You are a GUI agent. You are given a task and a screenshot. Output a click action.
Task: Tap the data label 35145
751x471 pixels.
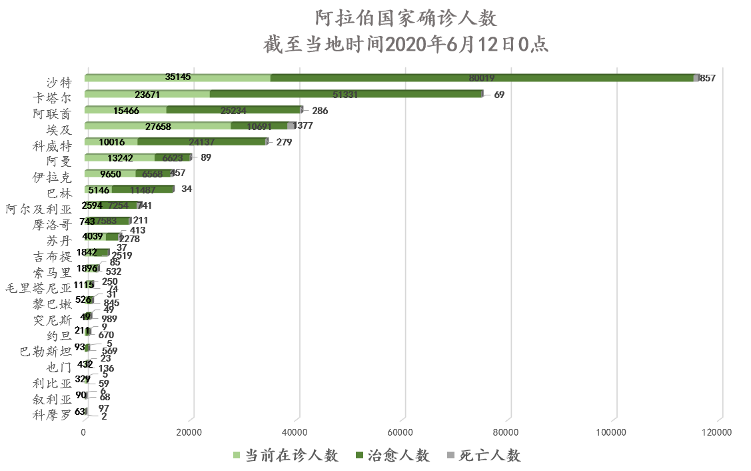pos(177,77)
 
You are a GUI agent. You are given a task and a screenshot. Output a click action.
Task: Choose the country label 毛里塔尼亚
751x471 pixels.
pos(38,289)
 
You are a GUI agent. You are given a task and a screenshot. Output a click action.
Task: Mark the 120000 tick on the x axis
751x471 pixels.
pos(718,433)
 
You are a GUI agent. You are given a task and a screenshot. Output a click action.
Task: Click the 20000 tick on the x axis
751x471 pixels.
pos(191,433)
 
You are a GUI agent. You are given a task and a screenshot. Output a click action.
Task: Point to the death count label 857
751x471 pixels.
pos(707,78)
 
